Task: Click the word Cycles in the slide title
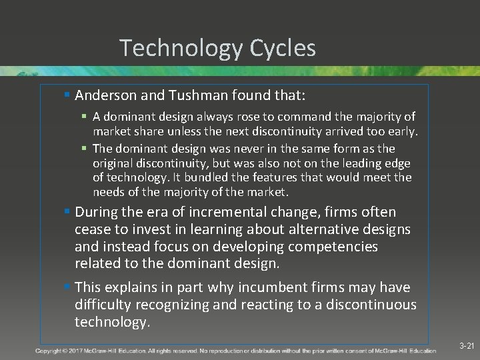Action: point(283,48)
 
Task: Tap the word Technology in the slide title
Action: point(181,48)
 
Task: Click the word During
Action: point(97,213)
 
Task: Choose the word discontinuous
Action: point(360,305)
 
